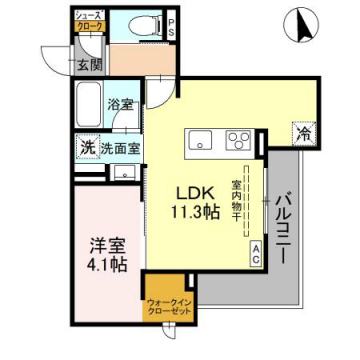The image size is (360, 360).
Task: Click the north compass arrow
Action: tap(297, 25)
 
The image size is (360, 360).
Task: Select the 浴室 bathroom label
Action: tap(122, 104)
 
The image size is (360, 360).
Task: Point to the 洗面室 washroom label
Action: tap(119, 148)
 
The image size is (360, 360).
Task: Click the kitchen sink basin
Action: tap(199, 140)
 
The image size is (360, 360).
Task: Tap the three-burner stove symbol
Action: tap(238, 140)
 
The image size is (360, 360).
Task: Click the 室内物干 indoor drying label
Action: tap(237, 200)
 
